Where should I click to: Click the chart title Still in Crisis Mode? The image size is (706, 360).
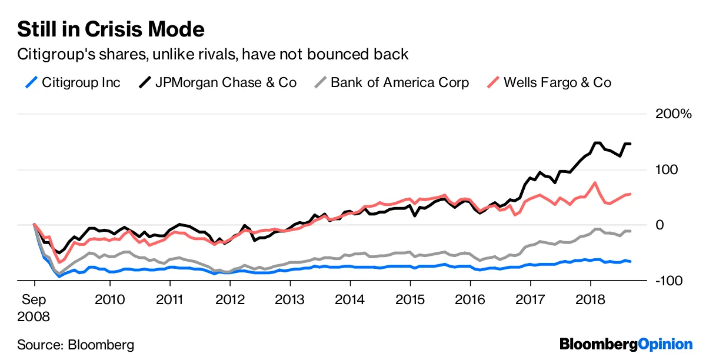111,29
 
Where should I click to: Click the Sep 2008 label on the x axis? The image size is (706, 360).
34,308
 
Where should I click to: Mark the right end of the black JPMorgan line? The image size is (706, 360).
630,144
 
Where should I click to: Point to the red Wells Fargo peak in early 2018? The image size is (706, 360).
596,183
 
